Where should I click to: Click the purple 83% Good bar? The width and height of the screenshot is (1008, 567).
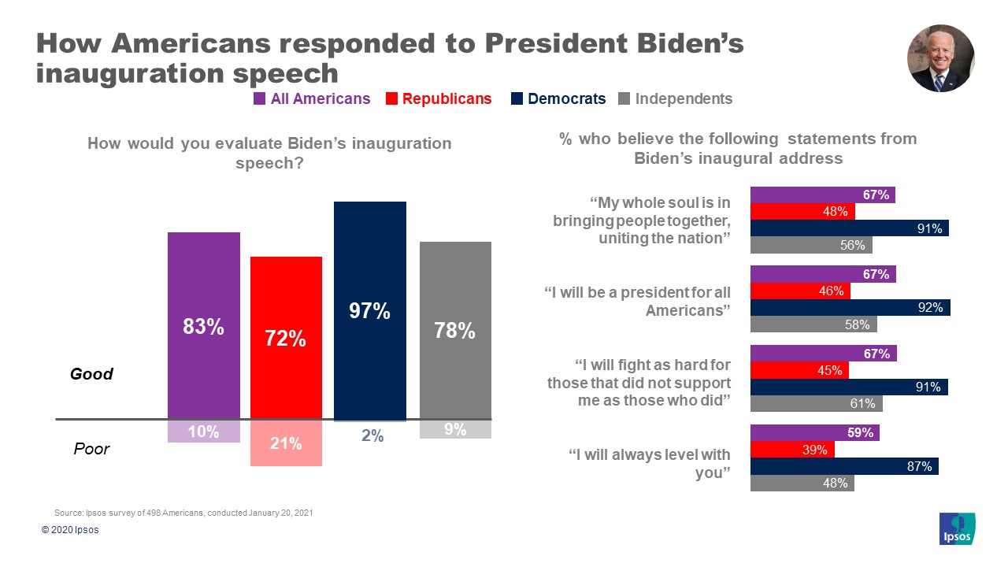pos(203,325)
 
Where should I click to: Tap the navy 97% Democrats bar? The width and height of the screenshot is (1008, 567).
pos(370,310)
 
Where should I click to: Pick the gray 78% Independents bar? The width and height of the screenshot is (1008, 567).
pos(455,330)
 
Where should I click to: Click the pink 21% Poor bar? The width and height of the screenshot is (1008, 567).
pos(286,443)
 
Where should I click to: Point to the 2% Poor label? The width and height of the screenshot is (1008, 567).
pos(372,435)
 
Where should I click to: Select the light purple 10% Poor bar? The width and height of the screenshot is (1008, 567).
pos(203,432)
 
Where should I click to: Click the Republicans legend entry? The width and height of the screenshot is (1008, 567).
pos(447,98)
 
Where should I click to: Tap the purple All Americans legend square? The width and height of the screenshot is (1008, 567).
pos(259,99)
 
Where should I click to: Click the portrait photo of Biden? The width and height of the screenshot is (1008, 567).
pos(941,58)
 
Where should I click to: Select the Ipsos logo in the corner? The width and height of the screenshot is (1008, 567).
pos(958,528)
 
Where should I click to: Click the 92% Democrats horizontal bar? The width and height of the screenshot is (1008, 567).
pos(850,308)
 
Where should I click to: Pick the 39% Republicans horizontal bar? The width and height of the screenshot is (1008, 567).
pos(791,450)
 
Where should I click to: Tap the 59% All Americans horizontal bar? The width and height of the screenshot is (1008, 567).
pos(814,432)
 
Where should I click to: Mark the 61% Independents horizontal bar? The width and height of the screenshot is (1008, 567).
pos(816,404)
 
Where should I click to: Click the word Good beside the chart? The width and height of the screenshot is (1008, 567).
pos(92,374)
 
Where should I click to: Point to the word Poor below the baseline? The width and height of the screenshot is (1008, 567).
pos(91,449)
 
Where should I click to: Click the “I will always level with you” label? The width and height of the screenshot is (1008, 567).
pos(650,464)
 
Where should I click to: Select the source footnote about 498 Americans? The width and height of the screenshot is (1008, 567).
pos(184,513)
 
